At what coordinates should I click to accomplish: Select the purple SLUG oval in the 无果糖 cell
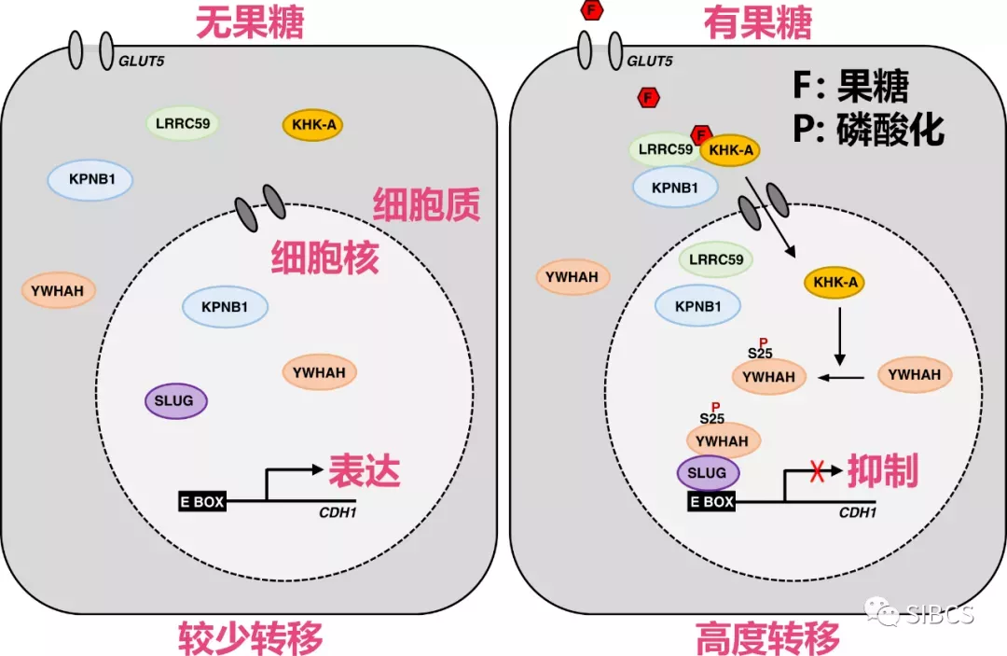coord(175,400)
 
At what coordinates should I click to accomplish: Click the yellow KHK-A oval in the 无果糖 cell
coord(312,125)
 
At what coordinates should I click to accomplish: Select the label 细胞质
coord(426,204)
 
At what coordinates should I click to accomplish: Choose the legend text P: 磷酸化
coord(868,129)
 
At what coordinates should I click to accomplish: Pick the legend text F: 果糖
coord(850,87)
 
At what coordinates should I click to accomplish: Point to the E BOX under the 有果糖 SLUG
coord(712,502)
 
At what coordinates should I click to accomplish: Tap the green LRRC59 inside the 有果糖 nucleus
coord(717,260)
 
